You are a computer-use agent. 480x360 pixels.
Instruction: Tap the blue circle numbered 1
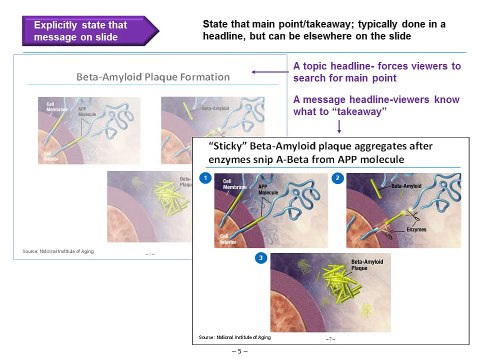point(205,177)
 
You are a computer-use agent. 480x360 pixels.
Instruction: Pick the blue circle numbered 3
point(261,258)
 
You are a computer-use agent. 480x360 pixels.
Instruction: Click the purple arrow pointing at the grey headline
point(267,73)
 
